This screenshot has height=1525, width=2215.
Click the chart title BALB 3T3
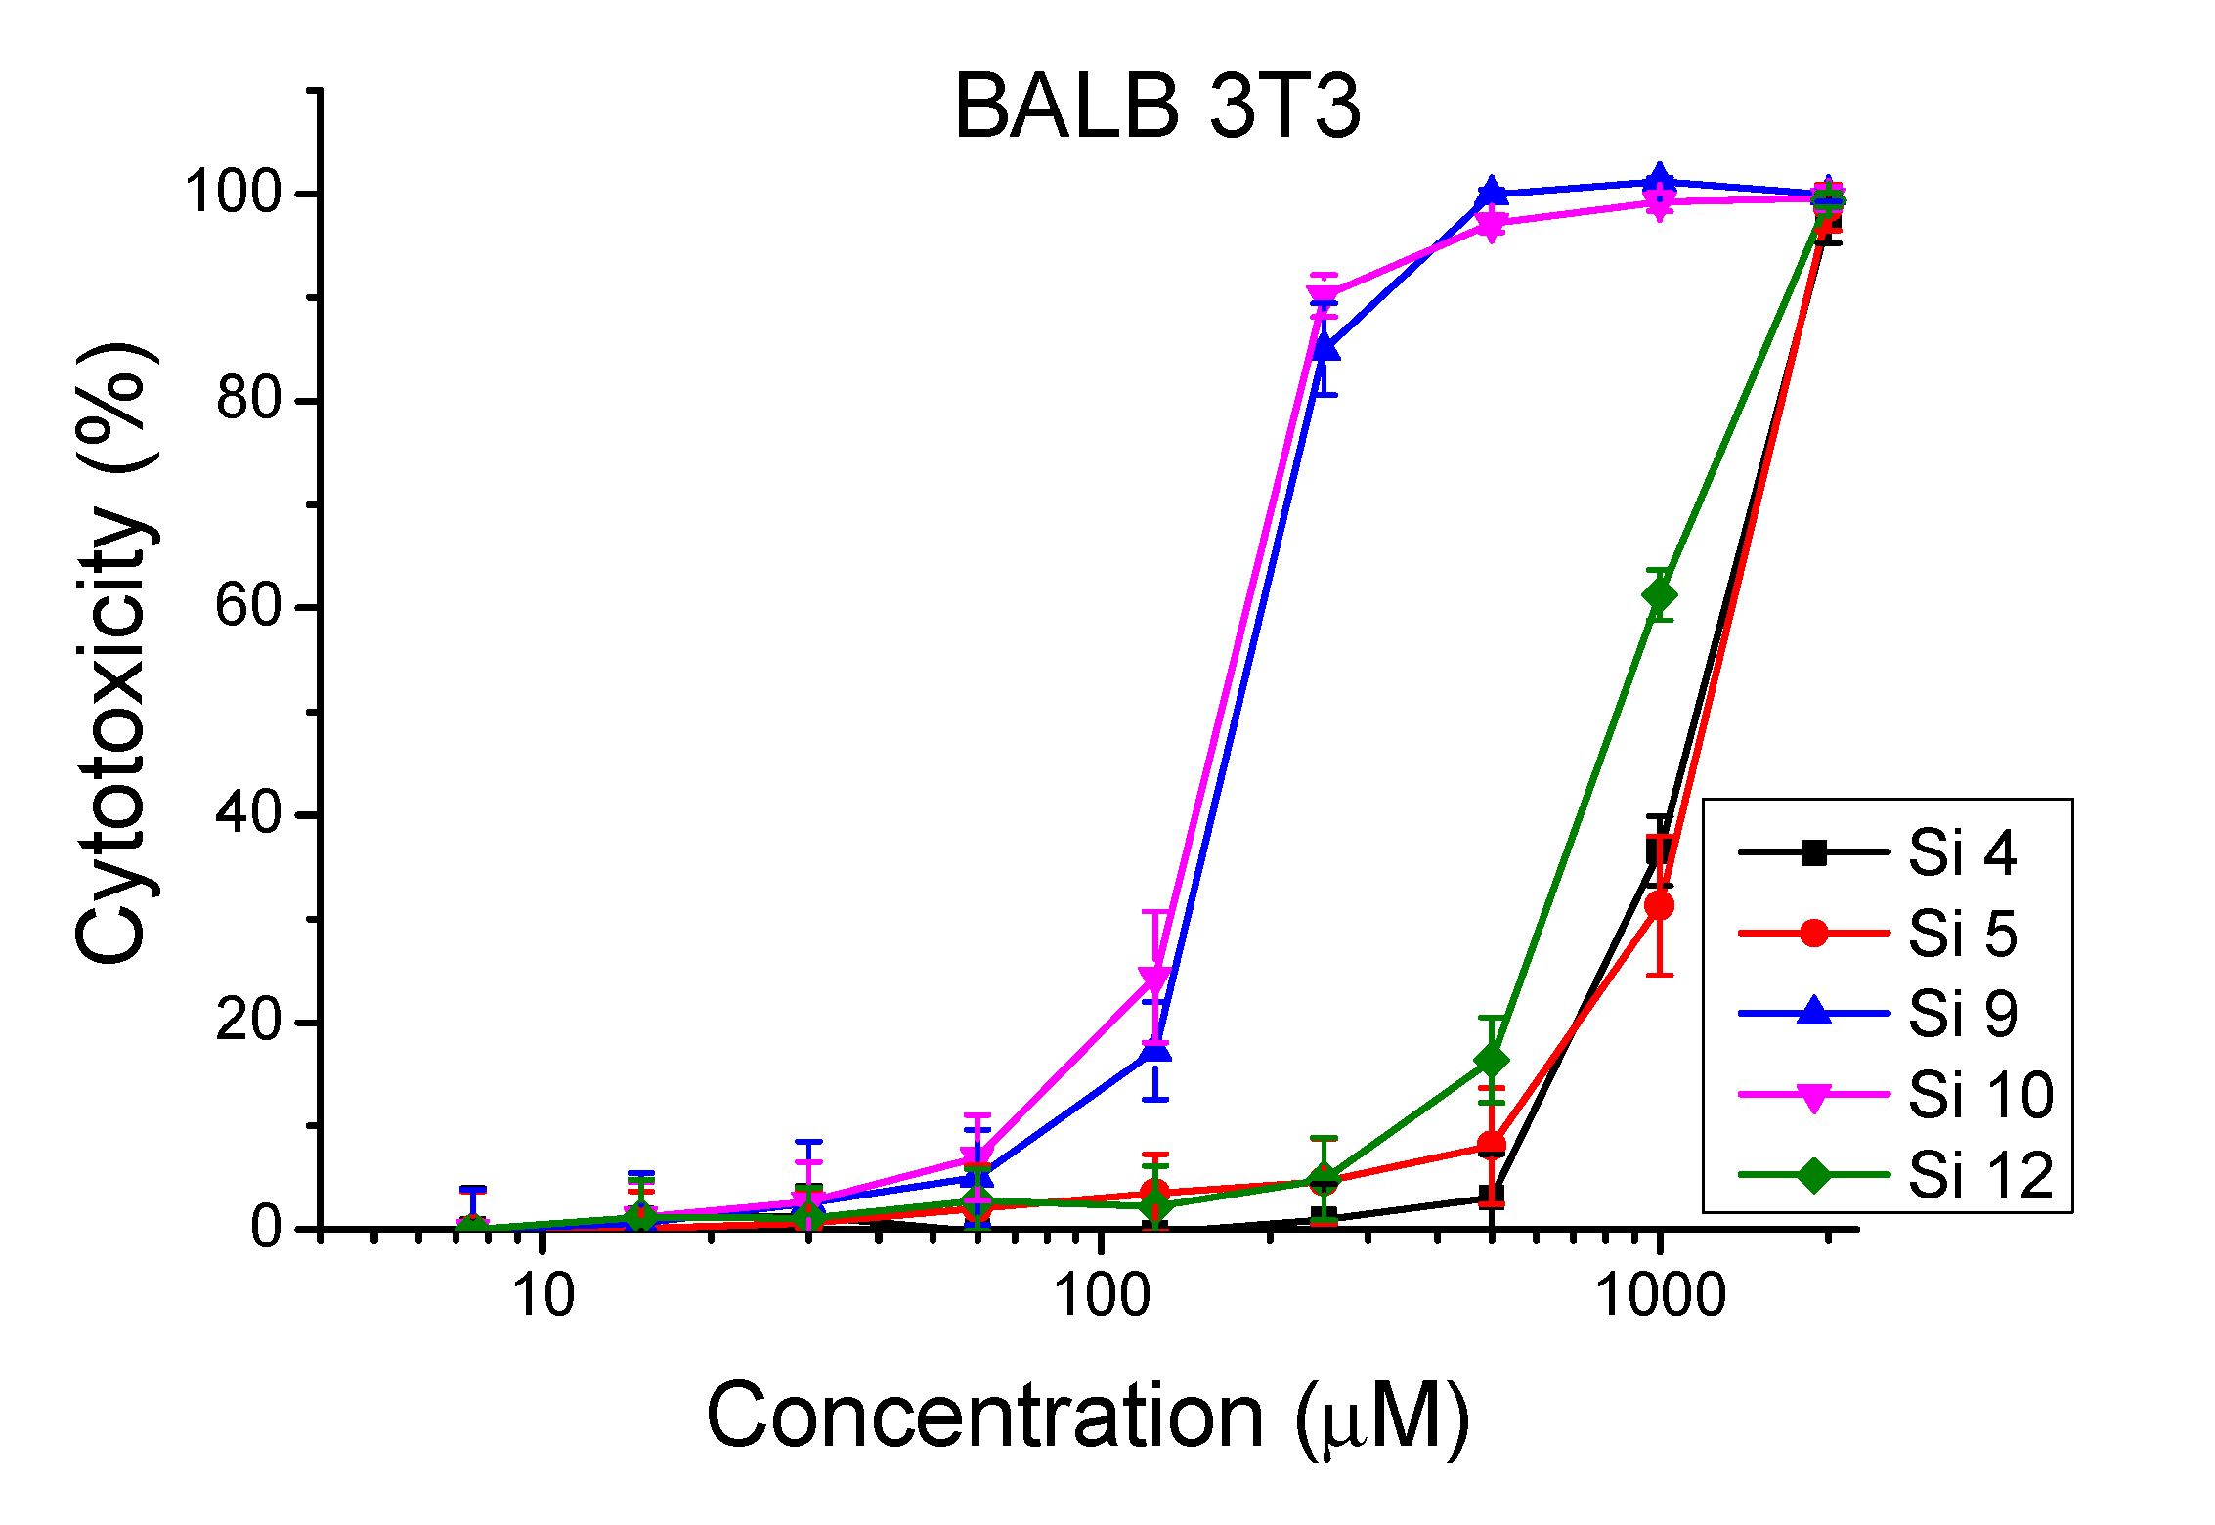pos(1156,108)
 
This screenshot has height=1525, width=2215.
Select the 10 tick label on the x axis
pos(543,1296)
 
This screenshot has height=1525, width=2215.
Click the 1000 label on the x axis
pos(1659,1296)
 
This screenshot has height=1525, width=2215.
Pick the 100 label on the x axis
pos(1102,1296)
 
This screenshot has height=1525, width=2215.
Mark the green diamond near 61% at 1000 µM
pos(1659,595)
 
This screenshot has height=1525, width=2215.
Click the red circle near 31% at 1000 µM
pos(1659,906)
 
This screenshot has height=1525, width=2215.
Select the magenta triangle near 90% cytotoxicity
pos(1323,295)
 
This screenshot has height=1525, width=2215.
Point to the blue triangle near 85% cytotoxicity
pos(1325,347)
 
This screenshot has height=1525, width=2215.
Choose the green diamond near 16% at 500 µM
pos(1491,1061)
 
